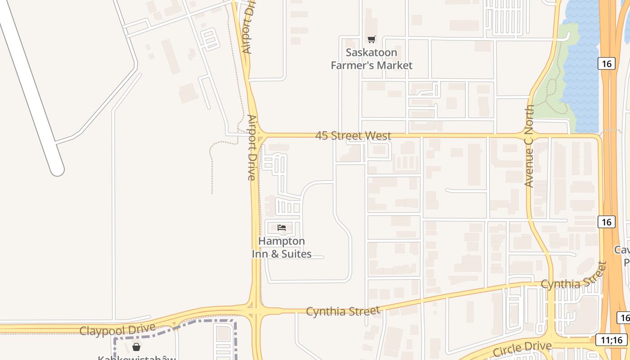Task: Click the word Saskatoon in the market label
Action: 371,53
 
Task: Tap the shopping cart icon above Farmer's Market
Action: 371,40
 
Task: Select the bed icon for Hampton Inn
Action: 282,228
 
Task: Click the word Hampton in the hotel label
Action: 281,241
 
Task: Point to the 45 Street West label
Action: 353,135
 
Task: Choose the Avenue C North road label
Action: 529,146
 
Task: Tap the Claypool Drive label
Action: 117,330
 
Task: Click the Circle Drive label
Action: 522,348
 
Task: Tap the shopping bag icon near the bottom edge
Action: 136,347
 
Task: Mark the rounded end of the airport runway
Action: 57,170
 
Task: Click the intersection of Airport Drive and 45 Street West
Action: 257,135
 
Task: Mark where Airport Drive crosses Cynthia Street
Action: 256,310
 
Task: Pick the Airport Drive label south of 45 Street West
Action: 252,148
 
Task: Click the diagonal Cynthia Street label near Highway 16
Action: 574,277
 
